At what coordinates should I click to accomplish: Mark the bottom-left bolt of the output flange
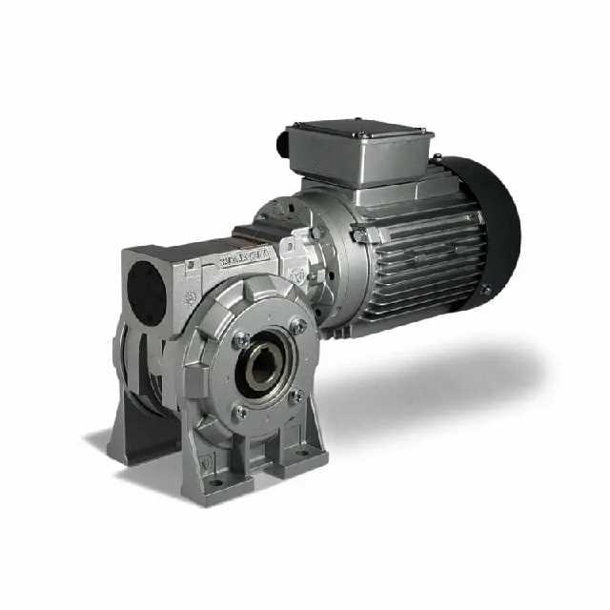(240, 412)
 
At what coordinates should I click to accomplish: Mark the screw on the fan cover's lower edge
(485, 288)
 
